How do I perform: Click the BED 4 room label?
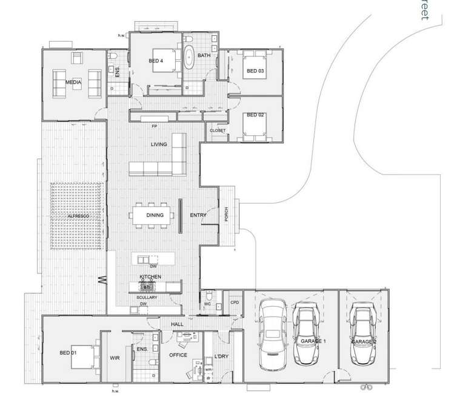click(x=156, y=61)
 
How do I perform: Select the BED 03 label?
click(x=255, y=71)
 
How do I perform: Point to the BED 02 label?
click(x=255, y=115)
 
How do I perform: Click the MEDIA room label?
click(x=74, y=81)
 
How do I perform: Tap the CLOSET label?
click(x=218, y=131)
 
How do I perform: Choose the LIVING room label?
click(x=159, y=144)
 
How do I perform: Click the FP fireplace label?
click(x=155, y=127)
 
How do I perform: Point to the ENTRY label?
click(x=198, y=215)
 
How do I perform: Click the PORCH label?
click(x=227, y=215)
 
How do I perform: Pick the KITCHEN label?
click(x=150, y=276)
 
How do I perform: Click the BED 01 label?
click(x=68, y=352)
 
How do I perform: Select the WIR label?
click(x=115, y=358)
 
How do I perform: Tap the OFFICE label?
click(x=178, y=355)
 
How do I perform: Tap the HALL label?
click(x=177, y=325)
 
